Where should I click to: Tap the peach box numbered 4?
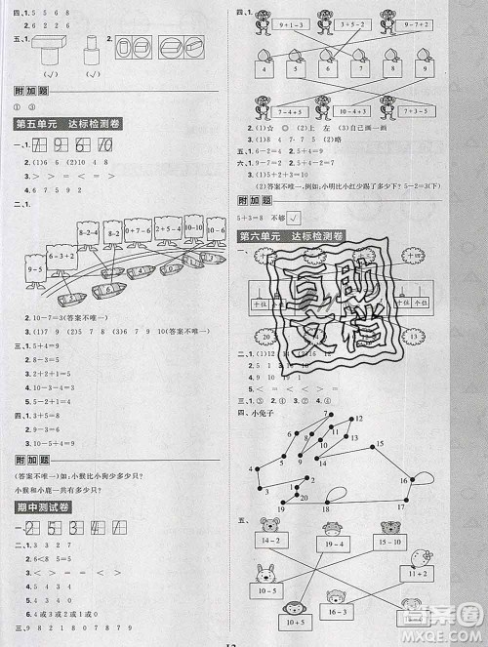coord(262,71)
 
